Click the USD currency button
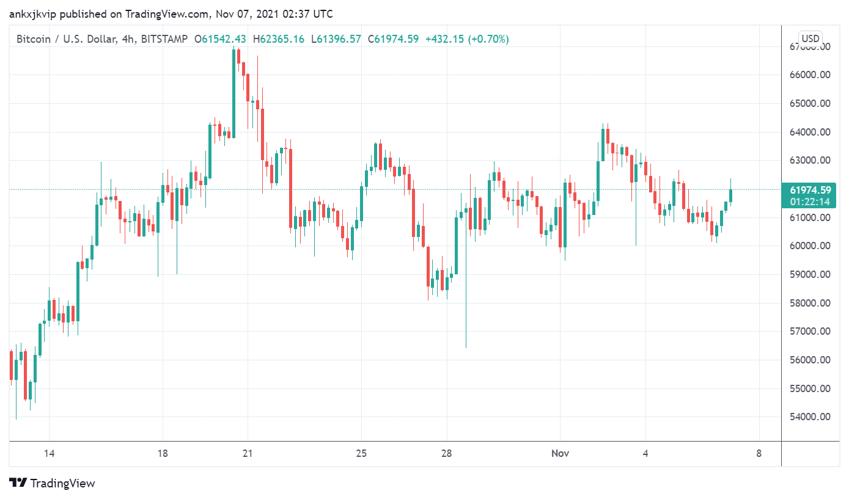coord(810,38)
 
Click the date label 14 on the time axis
coord(50,453)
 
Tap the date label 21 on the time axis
coord(247,453)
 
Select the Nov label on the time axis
coord(560,453)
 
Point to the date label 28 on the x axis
coord(447,453)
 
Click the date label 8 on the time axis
coord(759,453)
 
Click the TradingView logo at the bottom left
coord(53,483)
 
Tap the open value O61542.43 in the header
coord(220,39)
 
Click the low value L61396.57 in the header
coord(337,39)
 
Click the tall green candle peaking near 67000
coord(233,92)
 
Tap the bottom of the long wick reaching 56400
coord(466,346)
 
